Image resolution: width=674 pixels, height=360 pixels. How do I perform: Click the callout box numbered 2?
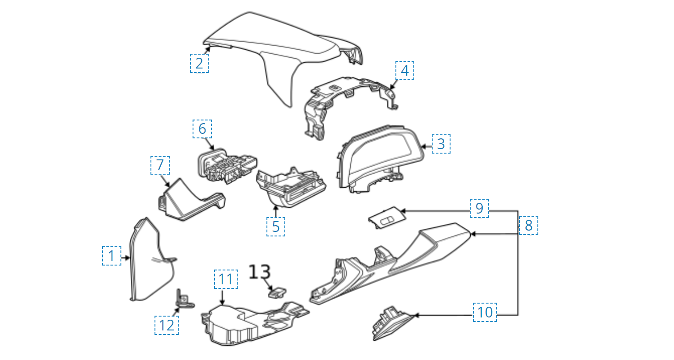pyautogui.click(x=199, y=63)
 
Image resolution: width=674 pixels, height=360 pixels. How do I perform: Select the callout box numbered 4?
pyautogui.click(x=404, y=70)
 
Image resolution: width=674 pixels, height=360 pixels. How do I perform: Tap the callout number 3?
pyautogui.click(x=441, y=144)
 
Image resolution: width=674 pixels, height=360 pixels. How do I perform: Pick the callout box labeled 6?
pyautogui.click(x=202, y=129)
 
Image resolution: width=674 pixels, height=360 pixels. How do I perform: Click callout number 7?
pyautogui.click(x=160, y=165)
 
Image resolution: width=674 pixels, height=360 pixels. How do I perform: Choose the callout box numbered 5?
pyautogui.click(x=275, y=227)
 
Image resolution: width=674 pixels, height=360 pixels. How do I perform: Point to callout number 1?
pyautogui.click(x=112, y=256)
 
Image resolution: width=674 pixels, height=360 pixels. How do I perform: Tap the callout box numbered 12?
pyautogui.click(x=167, y=325)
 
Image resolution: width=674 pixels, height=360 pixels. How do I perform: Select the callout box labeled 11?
pyautogui.click(x=226, y=279)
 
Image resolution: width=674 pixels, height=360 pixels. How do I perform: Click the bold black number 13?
pyautogui.click(x=260, y=271)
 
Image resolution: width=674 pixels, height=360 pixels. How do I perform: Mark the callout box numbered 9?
pyautogui.click(x=479, y=208)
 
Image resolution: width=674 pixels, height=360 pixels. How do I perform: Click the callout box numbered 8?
pyautogui.click(x=528, y=226)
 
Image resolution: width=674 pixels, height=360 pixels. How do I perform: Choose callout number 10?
pyautogui.click(x=485, y=312)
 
